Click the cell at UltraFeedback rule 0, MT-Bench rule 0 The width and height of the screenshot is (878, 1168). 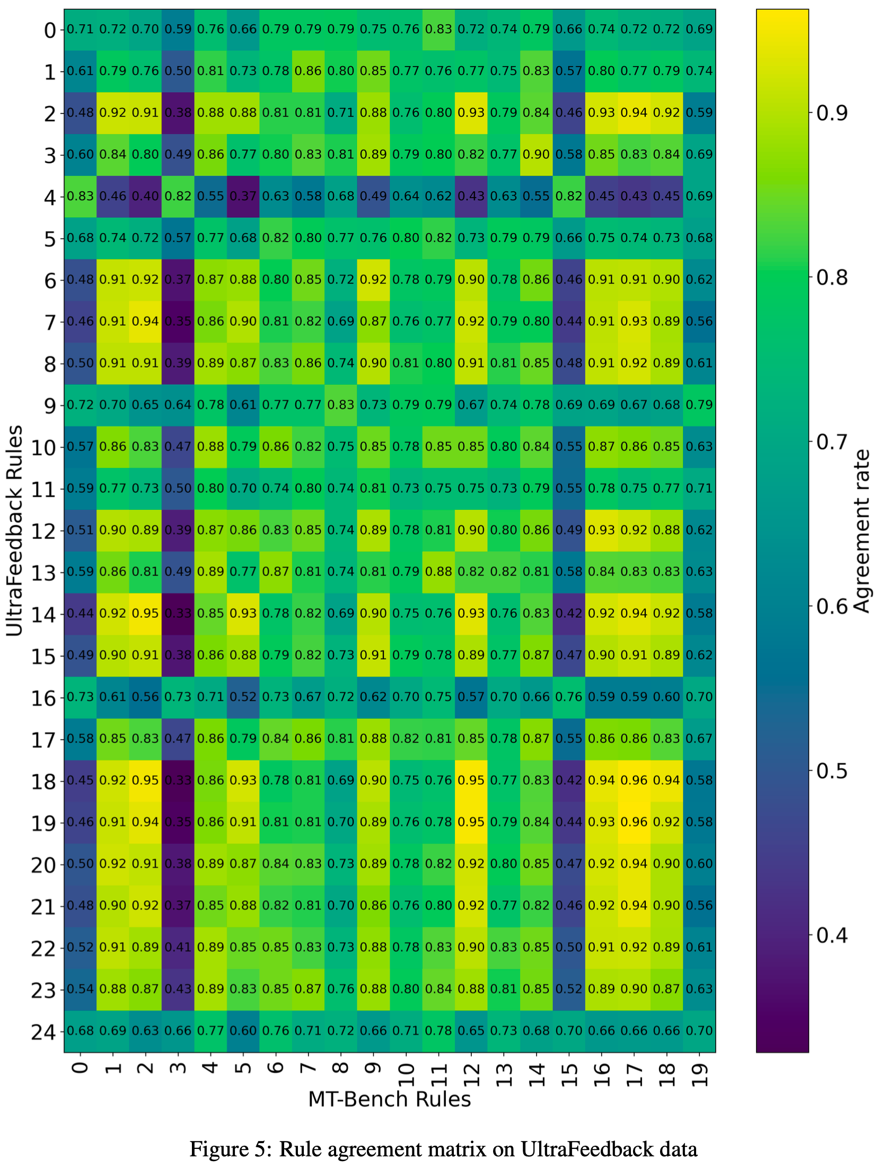coord(80,29)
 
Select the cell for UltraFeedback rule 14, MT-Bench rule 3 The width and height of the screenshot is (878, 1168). coord(178,613)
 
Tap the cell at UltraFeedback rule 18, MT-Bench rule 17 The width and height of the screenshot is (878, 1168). coord(634,780)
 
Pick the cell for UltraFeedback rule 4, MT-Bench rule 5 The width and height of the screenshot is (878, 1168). coord(243,196)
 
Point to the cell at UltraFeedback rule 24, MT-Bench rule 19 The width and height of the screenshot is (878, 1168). coord(699,1031)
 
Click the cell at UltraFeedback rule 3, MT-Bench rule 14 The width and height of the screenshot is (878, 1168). coord(537,154)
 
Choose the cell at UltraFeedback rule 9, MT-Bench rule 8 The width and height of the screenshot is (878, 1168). coord(341,405)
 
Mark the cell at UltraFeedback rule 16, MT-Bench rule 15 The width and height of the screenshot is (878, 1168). coord(569,697)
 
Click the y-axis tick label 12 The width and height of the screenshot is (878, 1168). coord(43,530)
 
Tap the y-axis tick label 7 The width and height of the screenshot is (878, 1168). coord(50,322)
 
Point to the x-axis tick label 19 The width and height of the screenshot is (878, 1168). coord(699,1076)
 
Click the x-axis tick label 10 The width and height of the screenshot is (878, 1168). coord(406,1076)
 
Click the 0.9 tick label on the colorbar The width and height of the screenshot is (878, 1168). coord(832,112)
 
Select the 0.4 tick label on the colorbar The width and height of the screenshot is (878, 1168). coord(832,935)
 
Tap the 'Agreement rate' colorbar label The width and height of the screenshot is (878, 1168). coord(862,530)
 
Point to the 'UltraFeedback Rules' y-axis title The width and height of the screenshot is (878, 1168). coord(15,530)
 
